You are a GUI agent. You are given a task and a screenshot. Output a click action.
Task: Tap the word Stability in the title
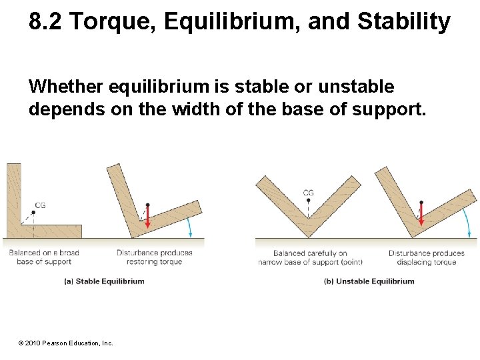click(x=403, y=22)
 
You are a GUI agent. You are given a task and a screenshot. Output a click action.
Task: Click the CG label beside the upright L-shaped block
click(x=40, y=205)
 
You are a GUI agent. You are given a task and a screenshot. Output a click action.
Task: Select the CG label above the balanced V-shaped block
click(x=308, y=193)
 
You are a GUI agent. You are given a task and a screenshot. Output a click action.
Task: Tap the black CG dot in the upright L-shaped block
click(x=33, y=212)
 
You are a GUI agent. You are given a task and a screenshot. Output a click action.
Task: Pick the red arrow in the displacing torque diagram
click(x=421, y=213)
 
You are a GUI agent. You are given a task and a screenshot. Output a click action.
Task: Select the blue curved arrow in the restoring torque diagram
click(x=191, y=227)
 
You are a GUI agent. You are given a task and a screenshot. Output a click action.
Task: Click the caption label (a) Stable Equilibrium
click(x=104, y=281)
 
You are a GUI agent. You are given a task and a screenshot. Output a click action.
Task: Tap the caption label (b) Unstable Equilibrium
click(x=369, y=281)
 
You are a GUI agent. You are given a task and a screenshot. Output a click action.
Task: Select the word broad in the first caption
click(x=69, y=253)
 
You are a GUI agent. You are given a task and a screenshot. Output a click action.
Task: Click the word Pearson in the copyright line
click(x=55, y=343)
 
